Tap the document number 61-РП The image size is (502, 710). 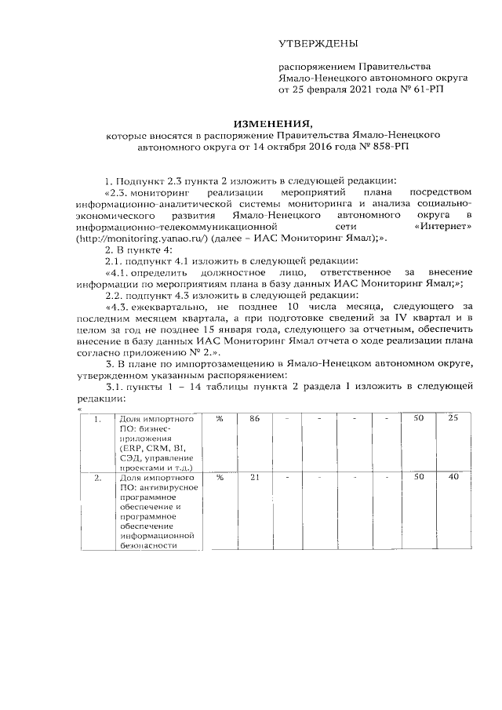pos(429,90)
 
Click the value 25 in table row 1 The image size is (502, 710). pos(453,419)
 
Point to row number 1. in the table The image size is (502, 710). pos(97,419)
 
